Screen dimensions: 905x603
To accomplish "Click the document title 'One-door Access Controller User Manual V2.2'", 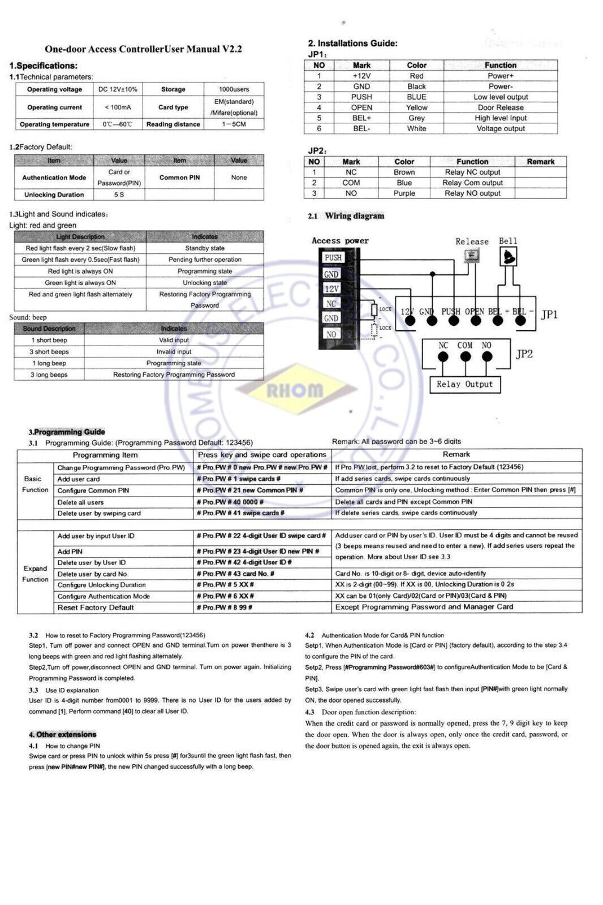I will coord(143,49).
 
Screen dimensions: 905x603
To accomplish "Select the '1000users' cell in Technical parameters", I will coord(233,89).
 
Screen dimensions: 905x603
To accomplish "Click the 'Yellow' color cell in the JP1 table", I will coord(416,107).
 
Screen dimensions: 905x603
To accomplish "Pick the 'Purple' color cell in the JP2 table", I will coord(404,193).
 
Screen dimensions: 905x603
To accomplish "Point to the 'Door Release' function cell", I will coord(500,107).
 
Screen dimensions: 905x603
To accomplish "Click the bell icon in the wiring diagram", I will coord(508,257).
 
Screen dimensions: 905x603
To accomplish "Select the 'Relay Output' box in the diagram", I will coord(464,385).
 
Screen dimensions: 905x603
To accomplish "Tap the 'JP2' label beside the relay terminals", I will coord(524,354).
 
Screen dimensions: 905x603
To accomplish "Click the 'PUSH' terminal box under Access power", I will coord(333,258).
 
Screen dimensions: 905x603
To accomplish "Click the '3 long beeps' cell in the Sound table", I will coord(49,375).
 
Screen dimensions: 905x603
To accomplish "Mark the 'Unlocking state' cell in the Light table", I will coord(205,283).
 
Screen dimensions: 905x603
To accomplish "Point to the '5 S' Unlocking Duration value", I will coord(119,195).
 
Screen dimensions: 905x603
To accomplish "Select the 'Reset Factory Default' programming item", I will coord(96,608).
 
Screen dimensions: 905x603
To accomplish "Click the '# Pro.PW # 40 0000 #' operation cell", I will coord(230,502).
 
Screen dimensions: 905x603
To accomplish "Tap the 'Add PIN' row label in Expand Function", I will coord(70,551).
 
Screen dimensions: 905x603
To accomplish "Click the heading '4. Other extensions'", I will coord(63,735).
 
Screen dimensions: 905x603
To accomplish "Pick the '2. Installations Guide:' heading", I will coord(352,44).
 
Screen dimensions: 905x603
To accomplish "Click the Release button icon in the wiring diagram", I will coord(469,256).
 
